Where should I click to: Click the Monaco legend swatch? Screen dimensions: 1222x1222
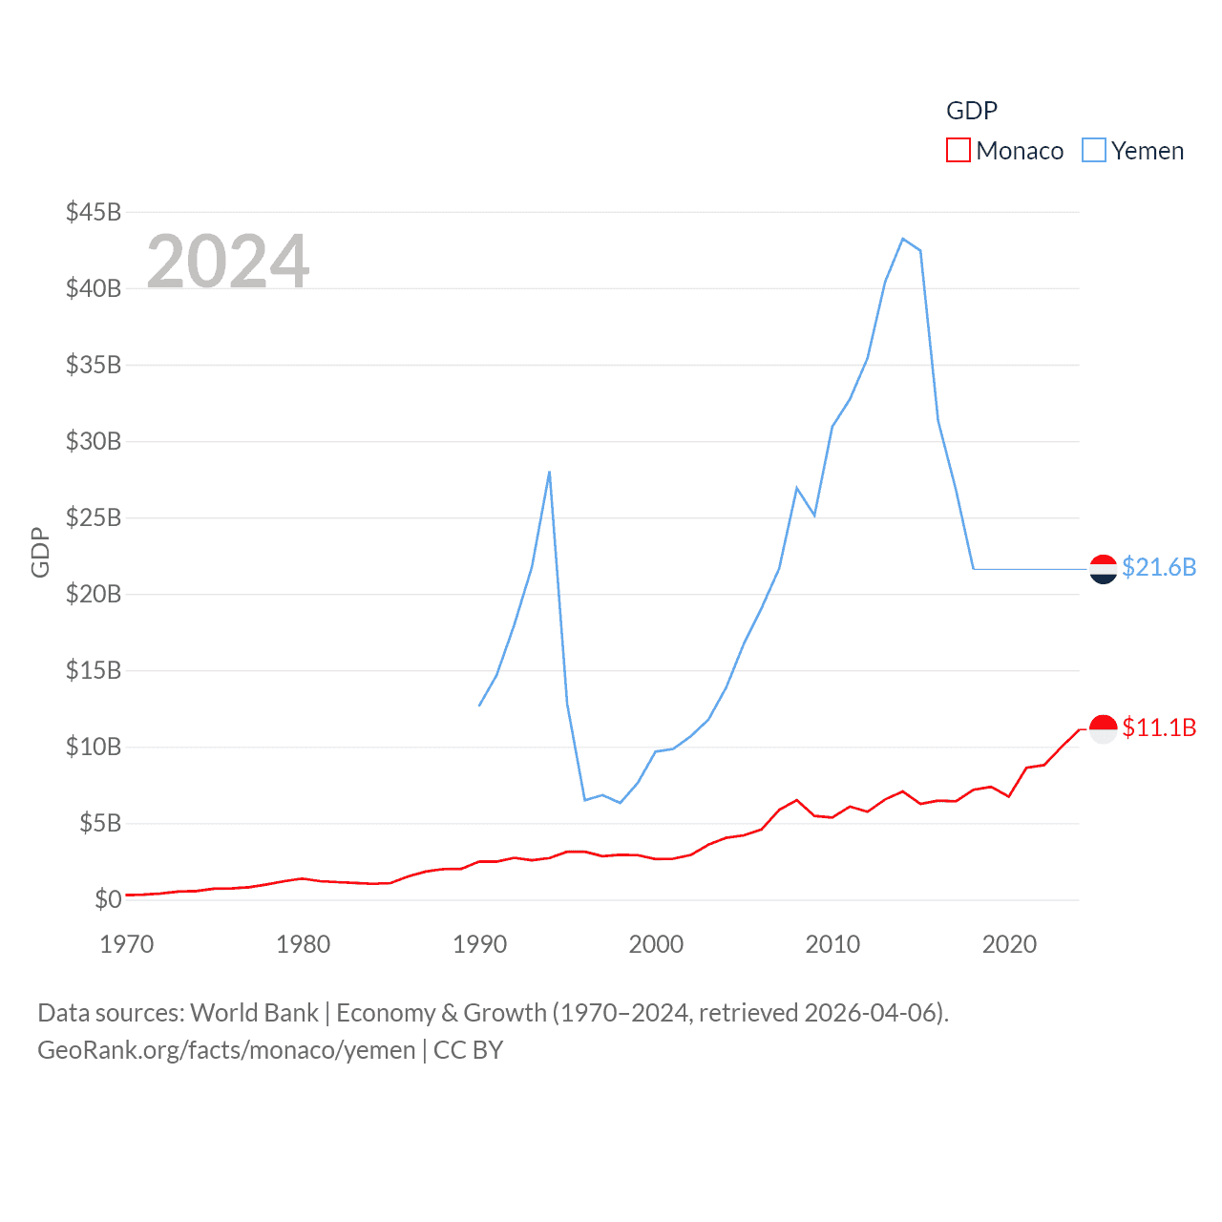click(x=958, y=151)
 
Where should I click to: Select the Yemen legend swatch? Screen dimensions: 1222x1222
click(x=1094, y=151)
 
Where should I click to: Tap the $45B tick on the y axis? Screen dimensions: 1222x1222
click(x=94, y=212)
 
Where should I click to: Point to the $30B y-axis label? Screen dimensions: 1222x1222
click(x=94, y=441)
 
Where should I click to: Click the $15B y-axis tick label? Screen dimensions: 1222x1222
click(x=94, y=670)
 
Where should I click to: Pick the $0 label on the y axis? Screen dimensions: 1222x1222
click(x=108, y=899)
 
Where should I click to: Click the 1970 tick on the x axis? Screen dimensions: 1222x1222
click(x=127, y=944)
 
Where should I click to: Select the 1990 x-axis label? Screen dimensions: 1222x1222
click(x=479, y=944)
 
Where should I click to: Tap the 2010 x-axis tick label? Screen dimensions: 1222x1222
click(x=832, y=944)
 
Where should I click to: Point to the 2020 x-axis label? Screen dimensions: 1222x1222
click(x=1009, y=944)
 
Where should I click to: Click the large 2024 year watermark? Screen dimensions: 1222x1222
click(x=227, y=261)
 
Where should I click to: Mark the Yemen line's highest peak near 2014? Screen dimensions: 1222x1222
click(x=903, y=239)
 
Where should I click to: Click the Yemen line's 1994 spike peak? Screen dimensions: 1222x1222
click(x=549, y=472)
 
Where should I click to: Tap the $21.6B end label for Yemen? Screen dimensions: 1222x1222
click(x=1159, y=567)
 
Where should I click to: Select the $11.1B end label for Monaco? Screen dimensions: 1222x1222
click(x=1159, y=727)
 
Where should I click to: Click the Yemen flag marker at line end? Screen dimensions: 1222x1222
click(x=1103, y=569)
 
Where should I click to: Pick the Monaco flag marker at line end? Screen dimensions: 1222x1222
click(x=1103, y=729)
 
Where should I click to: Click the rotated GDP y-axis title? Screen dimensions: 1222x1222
click(x=40, y=552)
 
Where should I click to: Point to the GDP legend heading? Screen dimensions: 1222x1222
click(x=972, y=111)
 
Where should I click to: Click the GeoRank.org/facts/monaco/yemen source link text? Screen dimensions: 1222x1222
click(x=226, y=1050)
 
